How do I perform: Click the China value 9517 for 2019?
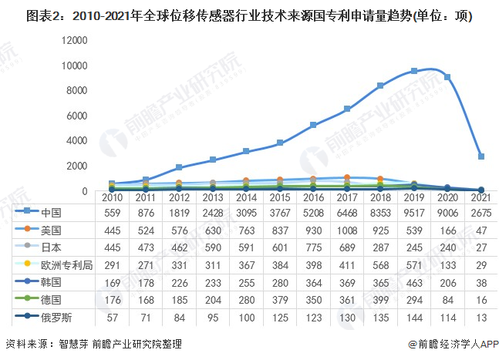click(414, 213)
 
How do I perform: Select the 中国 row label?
click(52, 213)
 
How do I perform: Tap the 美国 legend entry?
click(52, 230)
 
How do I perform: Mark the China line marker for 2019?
click(414, 71)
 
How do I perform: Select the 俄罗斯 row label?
click(56, 318)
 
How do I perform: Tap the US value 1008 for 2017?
click(347, 230)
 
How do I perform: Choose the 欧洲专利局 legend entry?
click(62, 265)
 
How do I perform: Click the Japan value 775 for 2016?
click(313, 247)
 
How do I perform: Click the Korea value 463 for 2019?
click(414, 283)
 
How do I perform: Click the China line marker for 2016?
click(313, 125)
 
